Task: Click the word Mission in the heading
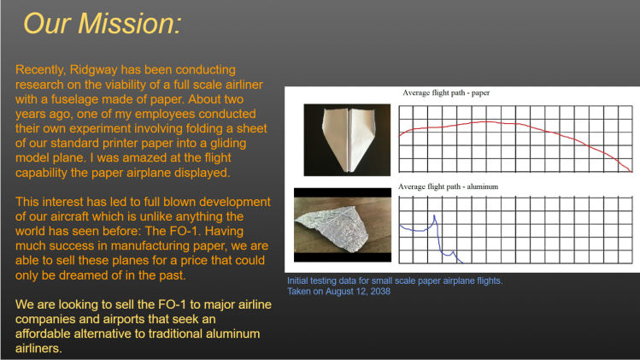[x=129, y=23]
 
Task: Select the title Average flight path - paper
[x=446, y=92]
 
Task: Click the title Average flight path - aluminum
[x=448, y=186]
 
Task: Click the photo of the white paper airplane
[x=347, y=139]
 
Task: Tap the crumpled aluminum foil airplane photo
[x=343, y=225]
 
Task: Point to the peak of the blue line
[x=434, y=215]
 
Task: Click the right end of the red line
[x=631, y=171]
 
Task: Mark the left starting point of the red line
[x=400, y=135]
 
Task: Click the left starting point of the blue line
[x=400, y=225]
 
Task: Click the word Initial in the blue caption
[x=300, y=280]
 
